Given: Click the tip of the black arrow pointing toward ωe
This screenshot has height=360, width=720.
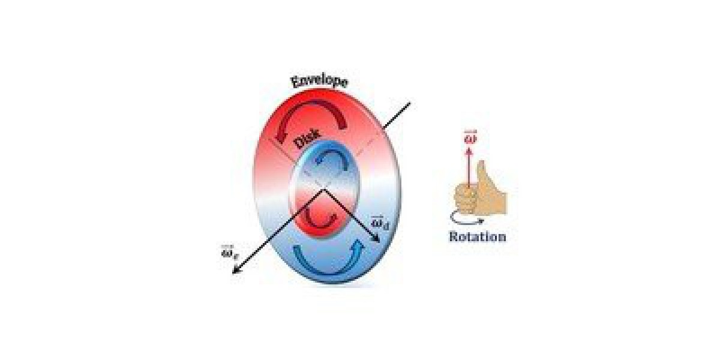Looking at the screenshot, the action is tap(232, 274).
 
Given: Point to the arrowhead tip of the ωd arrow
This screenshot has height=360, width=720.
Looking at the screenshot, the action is tap(380, 242).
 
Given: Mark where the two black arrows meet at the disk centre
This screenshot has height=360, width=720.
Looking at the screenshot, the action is tap(324, 190).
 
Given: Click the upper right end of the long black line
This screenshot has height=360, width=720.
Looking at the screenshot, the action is tap(410, 103).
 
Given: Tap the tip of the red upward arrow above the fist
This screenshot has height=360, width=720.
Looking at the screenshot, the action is tap(469, 148).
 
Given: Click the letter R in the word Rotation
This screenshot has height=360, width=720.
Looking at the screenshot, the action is tap(453, 237).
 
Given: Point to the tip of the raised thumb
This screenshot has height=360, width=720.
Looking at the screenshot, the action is tap(481, 161).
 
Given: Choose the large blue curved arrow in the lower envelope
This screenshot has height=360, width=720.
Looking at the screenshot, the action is tap(329, 258).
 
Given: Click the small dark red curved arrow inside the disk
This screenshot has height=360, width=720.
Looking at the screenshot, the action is tap(319, 219).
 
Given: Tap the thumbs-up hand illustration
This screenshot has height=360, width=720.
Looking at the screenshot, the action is tap(481, 190).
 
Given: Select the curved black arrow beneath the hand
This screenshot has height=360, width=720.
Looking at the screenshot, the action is tap(467, 218).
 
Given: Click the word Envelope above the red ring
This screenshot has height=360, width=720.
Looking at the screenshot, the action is tap(319, 82).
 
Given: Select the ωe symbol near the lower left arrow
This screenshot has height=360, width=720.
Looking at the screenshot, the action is tap(230, 253).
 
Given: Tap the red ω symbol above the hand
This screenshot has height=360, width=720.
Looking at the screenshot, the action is tap(469, 139).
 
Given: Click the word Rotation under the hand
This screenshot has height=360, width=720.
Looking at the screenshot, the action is tap(478, 237).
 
